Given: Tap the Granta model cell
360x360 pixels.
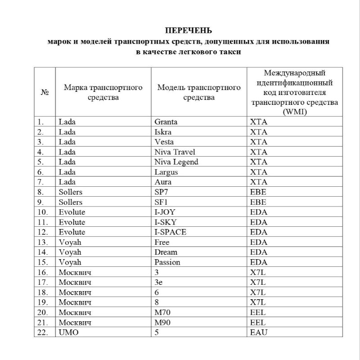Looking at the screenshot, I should pyautogui.click(x=166, y=121).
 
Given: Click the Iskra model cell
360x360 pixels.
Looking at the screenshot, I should pyautogui.click(x=163, y=132).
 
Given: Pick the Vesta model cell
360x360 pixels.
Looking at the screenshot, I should pyautogui.click(x=164, y=142).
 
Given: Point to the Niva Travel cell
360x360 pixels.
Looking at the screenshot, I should pyautogui.click(x=175, y=152).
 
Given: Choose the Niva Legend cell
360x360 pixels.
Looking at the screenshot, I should pyautogui.click(x=176, y=162).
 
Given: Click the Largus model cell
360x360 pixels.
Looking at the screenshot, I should pyautogui.click(x=166, y=172).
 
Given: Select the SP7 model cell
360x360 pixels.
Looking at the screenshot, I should pyautogui.click(x=161, y=192).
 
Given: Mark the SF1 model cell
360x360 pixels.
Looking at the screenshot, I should pyautogui.click(x=161, y=202).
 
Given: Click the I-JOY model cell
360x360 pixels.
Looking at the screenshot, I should pyautogui.click(x=164, y=212).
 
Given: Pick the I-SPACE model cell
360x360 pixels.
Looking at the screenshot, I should pyautogui.click(x=170, y=232).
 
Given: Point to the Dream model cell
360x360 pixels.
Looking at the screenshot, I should pyautogui.click(x=166, y=252).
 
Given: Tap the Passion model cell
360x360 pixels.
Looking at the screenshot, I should pyautogui.click(x=167, y=262).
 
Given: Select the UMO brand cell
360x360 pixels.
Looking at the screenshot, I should pyautogui.click(x=67, y=333).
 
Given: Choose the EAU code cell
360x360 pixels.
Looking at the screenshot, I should pyautogui.click(x=258, y=333).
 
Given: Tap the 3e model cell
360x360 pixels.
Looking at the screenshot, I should pyautogui.click(x=158, y=282).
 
